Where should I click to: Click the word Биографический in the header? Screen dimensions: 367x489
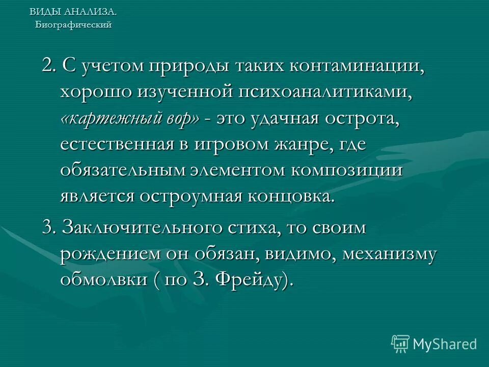pyautogui.click(x=73, y=25)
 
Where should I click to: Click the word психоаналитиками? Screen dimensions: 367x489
pyautogui.click(x=327, y=93)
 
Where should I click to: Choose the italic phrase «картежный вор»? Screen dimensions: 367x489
pyautogui.click(x=130, y=119)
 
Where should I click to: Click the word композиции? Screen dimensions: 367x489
pyautogui.click(x=347, y=170)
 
